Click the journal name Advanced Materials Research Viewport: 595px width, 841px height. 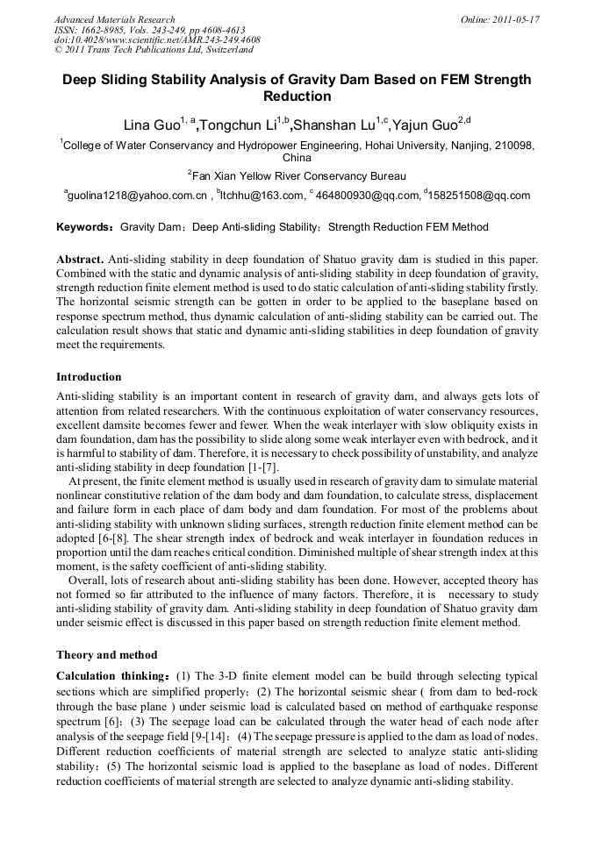click(x=114, y=18)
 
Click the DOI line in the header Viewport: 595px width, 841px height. click(x=157, y=39)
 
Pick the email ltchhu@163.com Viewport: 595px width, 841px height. click(x=262, y=196)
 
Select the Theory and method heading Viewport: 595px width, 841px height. click(x=106, y=654)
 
